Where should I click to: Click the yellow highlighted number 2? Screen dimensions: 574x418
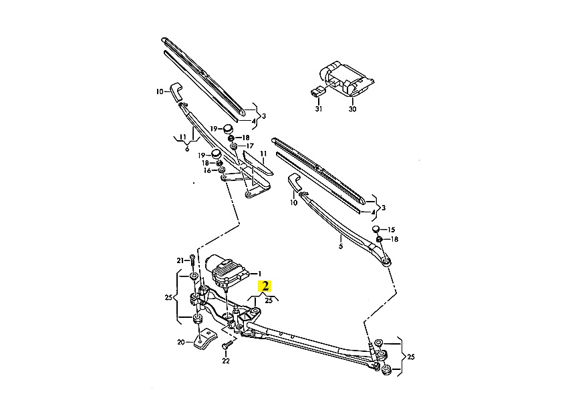click(265, 286)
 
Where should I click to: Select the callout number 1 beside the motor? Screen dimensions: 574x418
click(259, 274)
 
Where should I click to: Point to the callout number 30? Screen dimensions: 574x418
click(352, 109)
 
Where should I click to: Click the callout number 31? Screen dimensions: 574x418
click(319, 109)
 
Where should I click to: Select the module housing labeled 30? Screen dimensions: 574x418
click(347, 79)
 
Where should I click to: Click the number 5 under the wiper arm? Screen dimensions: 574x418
click(340, 246)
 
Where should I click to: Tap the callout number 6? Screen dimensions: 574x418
click(187, 149)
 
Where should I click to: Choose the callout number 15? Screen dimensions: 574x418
click(391, 230)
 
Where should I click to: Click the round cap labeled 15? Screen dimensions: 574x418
click(376, 229)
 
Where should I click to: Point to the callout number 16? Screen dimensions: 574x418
click(207, 171)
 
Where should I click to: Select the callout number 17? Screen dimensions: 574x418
click(250, 146)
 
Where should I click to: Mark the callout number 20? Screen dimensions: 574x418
click(181, 343)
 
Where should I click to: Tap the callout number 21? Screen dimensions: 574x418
click(180, 260)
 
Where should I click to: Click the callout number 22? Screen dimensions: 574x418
click(226, 361)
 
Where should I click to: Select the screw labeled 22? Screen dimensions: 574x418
click(227, 345)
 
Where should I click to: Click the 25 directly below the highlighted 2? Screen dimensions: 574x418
click(269, 300)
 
